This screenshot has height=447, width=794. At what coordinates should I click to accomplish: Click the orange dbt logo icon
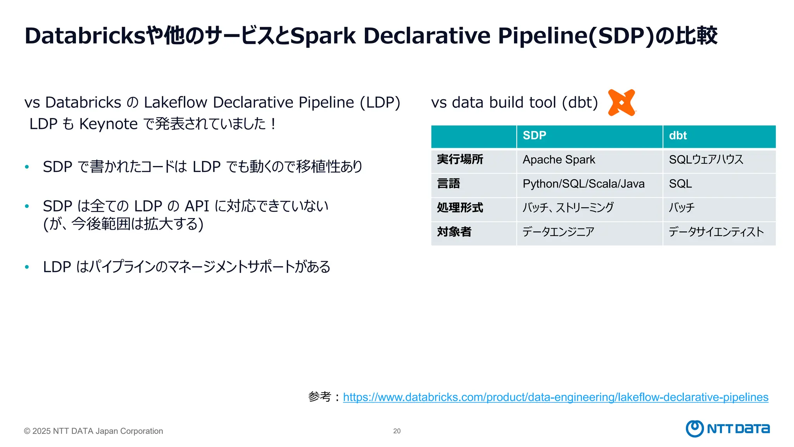tap(621, 102)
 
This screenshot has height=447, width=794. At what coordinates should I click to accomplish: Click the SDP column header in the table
tap(534, 135)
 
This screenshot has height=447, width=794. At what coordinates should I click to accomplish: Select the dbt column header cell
tap(678, 135)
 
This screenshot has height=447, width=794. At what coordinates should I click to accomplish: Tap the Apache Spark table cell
tap(559, 160)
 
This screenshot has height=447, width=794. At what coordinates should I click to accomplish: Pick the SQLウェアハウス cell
tap(706, 160)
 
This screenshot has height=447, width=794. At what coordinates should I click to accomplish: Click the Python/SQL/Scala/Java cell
tap(583, 184)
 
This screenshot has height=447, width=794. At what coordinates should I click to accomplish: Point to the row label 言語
tap(449, 184)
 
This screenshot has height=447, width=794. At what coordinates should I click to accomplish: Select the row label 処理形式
tap(460, 208)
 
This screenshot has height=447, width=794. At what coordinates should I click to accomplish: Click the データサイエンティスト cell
tap(716, 232)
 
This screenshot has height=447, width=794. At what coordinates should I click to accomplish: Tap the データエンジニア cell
tap(558, 232)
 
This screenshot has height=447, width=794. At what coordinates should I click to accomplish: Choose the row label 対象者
tap(454, 232)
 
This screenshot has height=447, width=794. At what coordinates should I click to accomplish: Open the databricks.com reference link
tap(555, 397)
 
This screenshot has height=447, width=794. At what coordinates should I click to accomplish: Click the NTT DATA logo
tap(728, 429)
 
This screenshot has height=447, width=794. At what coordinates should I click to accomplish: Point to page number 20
tap(397, 431)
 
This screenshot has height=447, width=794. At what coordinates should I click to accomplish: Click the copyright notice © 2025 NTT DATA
tap(93, 431)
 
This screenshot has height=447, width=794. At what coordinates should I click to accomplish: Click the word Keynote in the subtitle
tap(109, 124)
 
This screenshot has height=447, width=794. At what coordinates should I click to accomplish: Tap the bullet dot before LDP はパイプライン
tap(27, 267)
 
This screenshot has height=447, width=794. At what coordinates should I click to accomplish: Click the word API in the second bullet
tap(197, 206)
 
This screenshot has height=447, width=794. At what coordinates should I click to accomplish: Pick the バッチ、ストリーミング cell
tap(568, 208)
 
